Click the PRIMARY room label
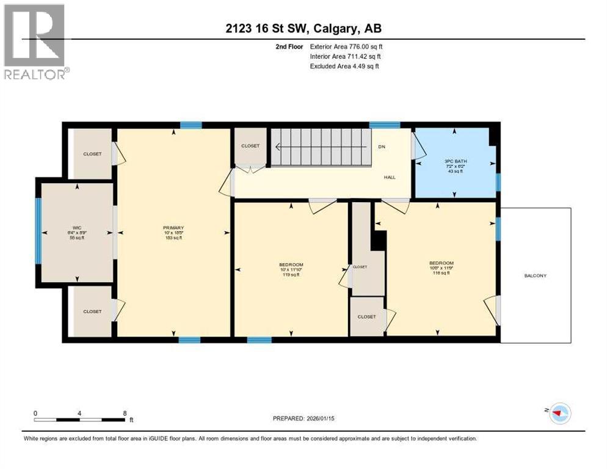point(173,233)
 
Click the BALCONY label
point(535,275)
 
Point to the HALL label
point(389,177)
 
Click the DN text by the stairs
point(382,147)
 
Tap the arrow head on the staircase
point(277,147)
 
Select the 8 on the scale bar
point(125,413)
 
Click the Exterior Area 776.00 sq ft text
point(346,46)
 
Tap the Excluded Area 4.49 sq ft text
point(344,66)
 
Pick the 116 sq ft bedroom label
point(441,269)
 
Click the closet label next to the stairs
point(250,146)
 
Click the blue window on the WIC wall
point(38,231)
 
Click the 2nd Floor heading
point(289,46)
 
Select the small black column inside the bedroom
point(379,240)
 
